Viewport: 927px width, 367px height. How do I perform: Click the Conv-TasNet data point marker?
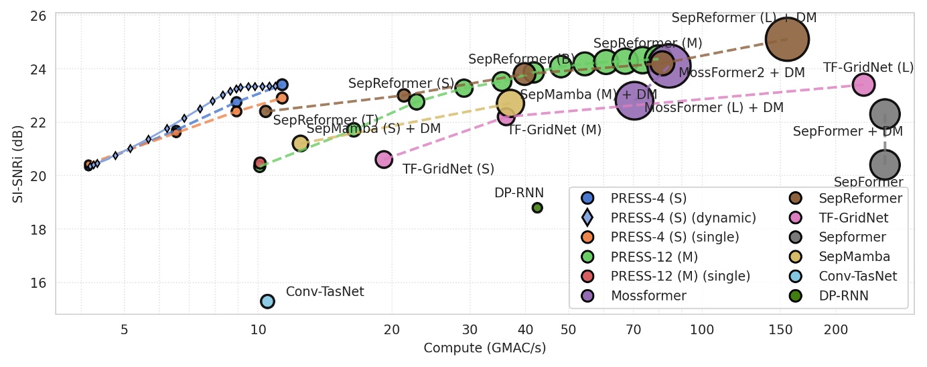[267, 301]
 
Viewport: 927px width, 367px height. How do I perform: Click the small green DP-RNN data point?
[537, 208]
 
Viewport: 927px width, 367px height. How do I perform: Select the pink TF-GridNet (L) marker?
[863, 85]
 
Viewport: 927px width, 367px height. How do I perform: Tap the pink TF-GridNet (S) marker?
[384, 160]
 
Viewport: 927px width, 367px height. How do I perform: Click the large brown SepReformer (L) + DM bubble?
[788, 40]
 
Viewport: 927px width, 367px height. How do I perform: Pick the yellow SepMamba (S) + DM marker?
[300, 143]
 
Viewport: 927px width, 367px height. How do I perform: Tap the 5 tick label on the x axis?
[125, 330]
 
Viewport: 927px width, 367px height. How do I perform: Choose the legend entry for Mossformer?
[648, 295]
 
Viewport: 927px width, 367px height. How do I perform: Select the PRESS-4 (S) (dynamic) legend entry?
[683, 217]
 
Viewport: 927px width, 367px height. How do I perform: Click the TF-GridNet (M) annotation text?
[554, 130]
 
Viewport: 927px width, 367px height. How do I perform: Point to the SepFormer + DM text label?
[848, 132]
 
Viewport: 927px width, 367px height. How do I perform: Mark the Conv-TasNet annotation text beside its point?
[325, 292]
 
